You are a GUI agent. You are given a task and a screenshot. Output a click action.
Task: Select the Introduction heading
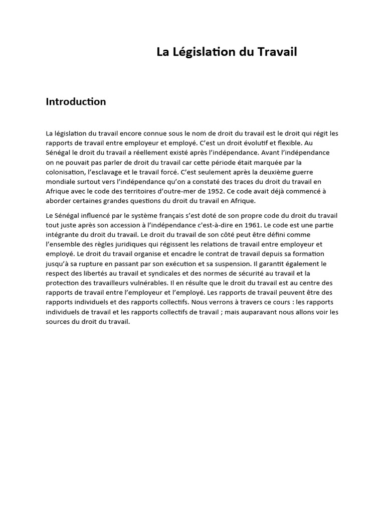pyautogui.click(x=76, y=102)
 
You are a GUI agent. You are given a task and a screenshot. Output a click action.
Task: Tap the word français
pyautogui.click(x=190, y=215)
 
